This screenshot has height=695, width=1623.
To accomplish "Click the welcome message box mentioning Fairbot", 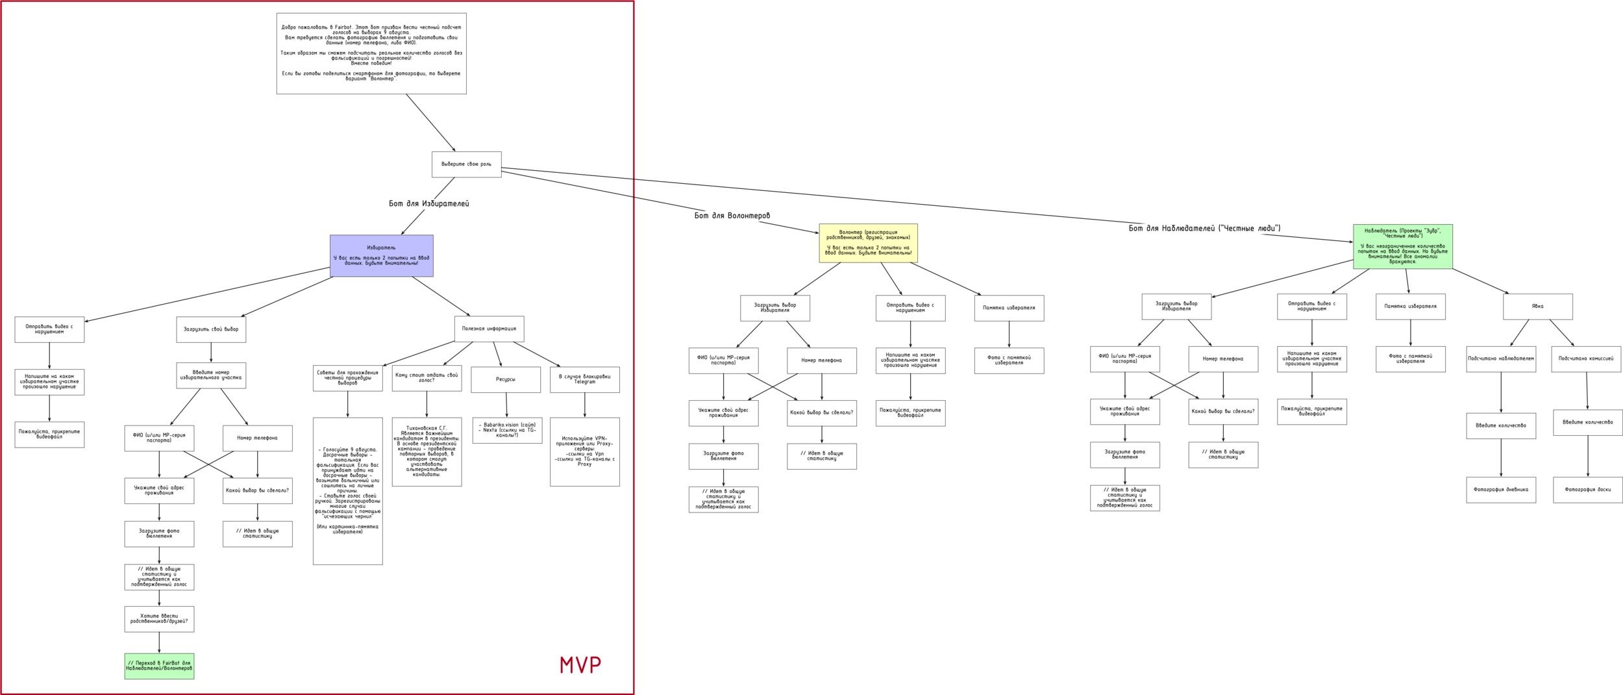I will click(x=371, y=53).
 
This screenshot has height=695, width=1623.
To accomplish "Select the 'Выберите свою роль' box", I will click(x=466, y=164).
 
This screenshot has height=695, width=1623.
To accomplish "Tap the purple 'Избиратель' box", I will click(x=381, y=256).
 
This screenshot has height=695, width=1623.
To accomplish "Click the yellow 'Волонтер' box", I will click(x=868, y=243).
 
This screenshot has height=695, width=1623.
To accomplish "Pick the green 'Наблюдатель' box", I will click(x=1402, y=246).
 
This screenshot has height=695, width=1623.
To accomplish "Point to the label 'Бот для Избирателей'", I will click(x=428, y=204).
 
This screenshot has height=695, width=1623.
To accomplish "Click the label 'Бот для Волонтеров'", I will click(x=732, y=216).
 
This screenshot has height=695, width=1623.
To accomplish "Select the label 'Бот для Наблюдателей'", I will click(x=1204, y=228).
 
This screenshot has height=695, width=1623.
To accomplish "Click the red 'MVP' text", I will click(x=580, y=664).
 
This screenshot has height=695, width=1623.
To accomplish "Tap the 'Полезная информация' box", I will click(x=489, y=329).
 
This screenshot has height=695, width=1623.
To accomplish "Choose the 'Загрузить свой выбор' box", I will click(x=211, y=329).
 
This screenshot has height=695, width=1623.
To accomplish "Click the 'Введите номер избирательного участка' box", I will click(x=211, y=375).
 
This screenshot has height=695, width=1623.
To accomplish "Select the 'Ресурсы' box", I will click(x=506, y=379).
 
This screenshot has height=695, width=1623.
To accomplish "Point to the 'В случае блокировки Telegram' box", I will click(x=584, y=379).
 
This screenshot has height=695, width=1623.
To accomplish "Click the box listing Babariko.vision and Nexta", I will click(x=507, y=430).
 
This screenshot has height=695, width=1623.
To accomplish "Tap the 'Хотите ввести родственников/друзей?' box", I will click(x=159, y=619).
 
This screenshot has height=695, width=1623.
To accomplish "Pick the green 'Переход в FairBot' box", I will click(x=159, y=666).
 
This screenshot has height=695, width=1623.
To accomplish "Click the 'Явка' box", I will click(x=1537, y=307).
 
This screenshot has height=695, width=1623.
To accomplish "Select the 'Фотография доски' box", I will click(x=1587, y=490).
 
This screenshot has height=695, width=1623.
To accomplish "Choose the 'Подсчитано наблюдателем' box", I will click(x=1501, y=359).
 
